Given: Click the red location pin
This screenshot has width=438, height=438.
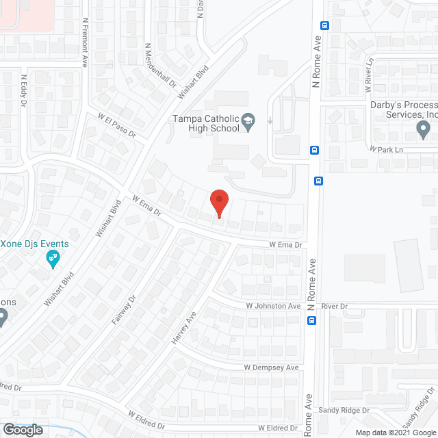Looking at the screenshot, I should tap(218, 203).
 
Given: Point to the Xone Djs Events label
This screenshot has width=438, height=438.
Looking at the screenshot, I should tap(34, 244).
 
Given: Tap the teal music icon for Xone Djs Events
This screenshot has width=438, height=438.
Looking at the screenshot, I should tap(52, 258).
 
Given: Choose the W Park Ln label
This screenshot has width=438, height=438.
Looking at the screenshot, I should tap(383, 148).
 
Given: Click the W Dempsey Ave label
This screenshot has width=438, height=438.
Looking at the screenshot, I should tap(272, 368).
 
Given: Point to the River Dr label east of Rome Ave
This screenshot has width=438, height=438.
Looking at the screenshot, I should tap(335, 306).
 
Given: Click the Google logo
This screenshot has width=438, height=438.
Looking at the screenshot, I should tap(22, 430).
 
